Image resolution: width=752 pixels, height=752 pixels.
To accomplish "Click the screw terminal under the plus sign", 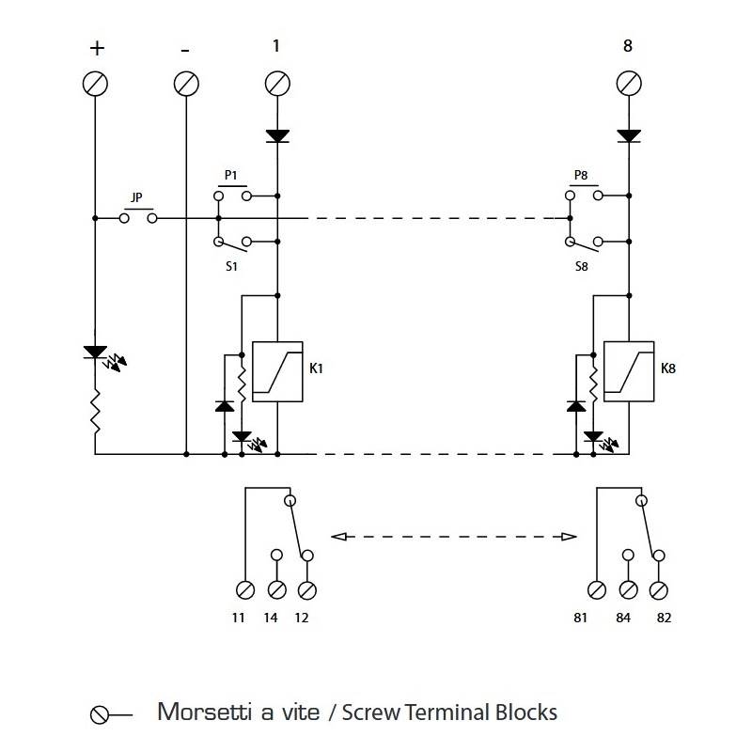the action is (x=95, y=84).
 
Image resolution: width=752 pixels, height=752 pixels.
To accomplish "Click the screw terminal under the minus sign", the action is (x=186, y=84).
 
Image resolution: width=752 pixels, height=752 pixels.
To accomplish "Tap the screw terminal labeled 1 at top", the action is (x=277, y=84).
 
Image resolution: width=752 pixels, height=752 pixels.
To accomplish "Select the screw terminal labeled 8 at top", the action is (x=629, y=84).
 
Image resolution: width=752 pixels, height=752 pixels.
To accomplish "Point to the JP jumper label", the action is (x=136, y=197).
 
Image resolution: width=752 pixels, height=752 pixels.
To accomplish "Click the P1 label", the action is (x=230, y=175).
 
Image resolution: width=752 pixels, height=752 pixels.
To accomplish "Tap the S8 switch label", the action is (x=581, y=266).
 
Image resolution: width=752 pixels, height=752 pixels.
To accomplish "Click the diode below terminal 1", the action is (x=277, y=136).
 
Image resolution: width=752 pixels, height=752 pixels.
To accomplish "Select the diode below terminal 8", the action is (x=629, y=136).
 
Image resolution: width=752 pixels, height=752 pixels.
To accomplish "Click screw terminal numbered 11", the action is (x=245, y=590).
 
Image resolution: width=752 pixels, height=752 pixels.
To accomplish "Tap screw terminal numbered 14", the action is (x=276, y=590).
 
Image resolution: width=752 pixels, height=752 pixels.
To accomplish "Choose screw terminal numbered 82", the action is (x=659, y=590).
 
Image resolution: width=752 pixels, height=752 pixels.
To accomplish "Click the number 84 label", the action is (x=623, y=618).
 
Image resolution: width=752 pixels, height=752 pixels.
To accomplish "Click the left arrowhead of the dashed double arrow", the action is (x=339, y=537).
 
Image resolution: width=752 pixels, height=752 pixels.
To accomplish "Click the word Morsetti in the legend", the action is (x=205, y=712).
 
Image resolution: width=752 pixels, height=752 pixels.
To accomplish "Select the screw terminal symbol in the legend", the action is (x=99, y=715).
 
